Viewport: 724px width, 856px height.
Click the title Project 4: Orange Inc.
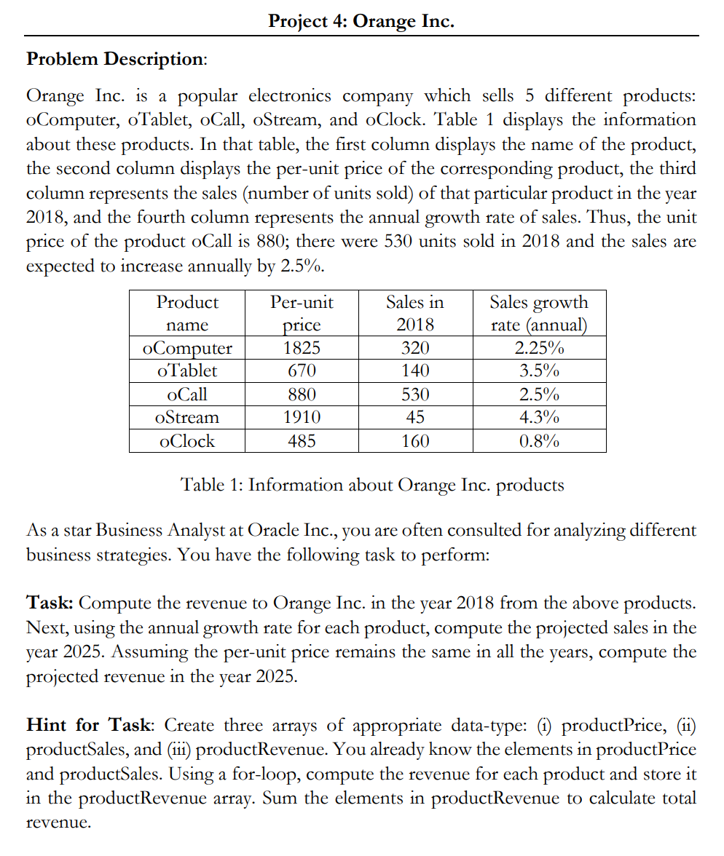361,21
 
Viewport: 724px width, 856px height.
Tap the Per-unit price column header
302,313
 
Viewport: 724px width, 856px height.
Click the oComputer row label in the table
187,348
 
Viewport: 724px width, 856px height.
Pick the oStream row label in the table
187,418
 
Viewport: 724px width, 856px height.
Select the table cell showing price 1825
302,348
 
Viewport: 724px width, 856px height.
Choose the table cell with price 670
302,371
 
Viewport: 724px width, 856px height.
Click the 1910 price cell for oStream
302,418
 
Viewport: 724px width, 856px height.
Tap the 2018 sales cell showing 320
415,348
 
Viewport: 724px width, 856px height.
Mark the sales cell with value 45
415,418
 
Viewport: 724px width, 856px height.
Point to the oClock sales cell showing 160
415,441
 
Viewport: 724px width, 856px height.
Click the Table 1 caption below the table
371,485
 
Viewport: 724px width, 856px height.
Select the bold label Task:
50,603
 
